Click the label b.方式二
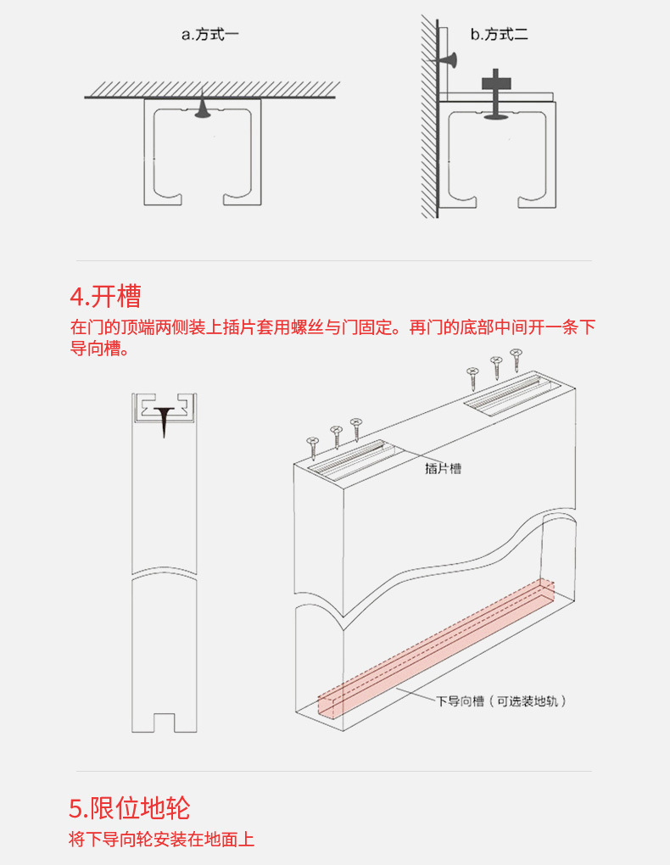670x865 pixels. click(500, 35)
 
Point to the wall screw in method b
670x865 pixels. click(446, 59)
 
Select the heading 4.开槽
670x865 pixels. click(105, 297)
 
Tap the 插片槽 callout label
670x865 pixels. click(443, 468)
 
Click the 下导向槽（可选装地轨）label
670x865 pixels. click(501, 701)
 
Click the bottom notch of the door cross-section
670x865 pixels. click(164, 722)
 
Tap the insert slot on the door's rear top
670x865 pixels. click(512, 393)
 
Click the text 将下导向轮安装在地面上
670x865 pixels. click(161, 840)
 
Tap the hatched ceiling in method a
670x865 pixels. click(211, 89)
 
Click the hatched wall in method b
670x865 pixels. click(428, 119)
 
